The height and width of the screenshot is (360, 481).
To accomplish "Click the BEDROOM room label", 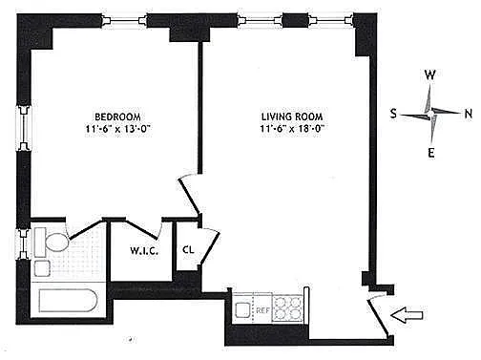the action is click(117, 116).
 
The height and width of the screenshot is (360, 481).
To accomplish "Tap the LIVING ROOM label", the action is click(292, 116).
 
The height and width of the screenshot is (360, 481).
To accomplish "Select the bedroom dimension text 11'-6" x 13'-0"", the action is click(117, 129).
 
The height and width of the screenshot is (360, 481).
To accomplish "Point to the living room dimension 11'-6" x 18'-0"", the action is click(292, 129).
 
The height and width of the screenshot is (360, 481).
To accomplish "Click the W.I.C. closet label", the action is click(144, 251).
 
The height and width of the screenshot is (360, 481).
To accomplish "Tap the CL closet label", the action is click(188, 249).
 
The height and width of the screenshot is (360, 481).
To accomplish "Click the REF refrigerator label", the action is click(262, 310).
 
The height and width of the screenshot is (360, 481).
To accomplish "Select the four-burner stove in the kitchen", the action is click(287, 308).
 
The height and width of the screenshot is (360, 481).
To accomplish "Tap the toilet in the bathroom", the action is click(52, 242).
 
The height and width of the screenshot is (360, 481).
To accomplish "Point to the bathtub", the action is click(68, 301).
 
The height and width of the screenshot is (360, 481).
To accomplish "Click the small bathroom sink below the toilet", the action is click(42, 268).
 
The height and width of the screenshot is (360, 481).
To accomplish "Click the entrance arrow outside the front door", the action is click(407, 315).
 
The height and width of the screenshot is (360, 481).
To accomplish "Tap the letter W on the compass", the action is click(429, 75).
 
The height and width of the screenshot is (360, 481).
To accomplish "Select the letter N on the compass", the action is click(469, 114).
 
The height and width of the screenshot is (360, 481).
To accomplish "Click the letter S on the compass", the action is click(393, 114).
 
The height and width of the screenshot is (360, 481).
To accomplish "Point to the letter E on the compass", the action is click(431, 153).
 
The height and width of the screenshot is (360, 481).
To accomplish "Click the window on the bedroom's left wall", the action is click(24, 128).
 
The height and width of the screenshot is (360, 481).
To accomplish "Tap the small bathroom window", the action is click(23, 244).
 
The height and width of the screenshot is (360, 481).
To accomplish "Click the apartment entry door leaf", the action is click(378, 318).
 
